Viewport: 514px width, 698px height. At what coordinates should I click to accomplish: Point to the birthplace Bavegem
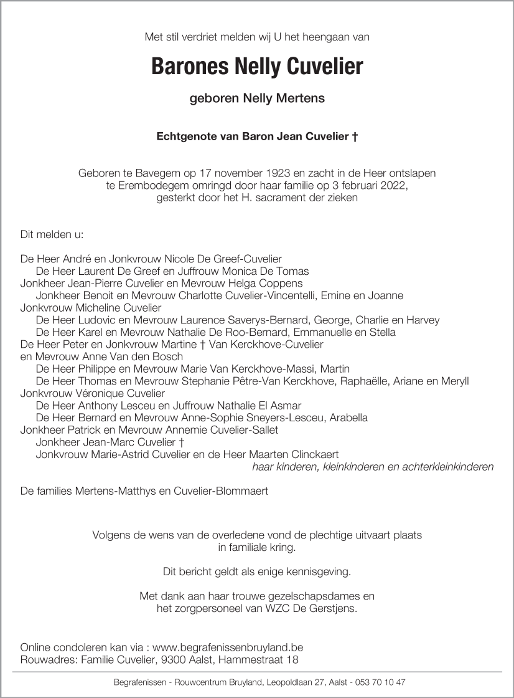click(x=150, y=174)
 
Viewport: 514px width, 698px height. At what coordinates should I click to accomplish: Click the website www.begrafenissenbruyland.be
click(x=227, y=648)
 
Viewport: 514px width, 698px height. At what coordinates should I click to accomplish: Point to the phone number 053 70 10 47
click(x=378, y=682)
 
